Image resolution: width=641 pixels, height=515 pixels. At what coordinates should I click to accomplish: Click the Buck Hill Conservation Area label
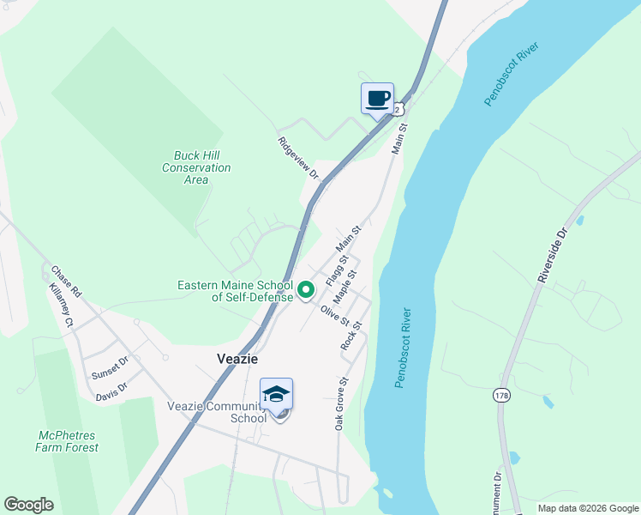coord(196,167)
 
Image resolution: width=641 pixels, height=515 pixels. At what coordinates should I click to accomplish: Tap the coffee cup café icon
coord(378,99)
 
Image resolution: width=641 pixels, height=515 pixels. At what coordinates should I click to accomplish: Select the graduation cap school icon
coord(276,394)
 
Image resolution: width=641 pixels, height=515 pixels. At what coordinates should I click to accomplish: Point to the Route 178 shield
coord(501,395)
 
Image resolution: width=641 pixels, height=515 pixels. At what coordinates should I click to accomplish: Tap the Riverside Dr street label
coord(553,255)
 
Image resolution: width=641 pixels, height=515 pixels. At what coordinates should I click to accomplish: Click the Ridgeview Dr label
coord(298,158)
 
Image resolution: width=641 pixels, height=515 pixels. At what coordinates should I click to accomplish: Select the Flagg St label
coord(337,270)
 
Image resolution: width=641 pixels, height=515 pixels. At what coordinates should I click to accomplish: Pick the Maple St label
coord(345,286)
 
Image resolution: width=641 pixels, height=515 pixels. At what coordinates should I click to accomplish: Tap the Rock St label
coord(351,335)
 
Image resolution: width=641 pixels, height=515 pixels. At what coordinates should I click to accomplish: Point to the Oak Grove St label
coord(341,403)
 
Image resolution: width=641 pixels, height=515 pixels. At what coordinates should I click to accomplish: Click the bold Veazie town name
coord(237,360)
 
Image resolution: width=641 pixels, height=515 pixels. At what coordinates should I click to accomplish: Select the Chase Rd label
coord(65,281)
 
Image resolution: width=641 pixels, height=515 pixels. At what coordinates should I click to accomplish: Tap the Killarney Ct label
coord(62,304)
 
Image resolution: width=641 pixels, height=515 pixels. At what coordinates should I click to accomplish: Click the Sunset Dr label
coord(109,369)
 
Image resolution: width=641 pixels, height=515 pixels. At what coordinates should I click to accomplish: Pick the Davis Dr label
coord(111,389)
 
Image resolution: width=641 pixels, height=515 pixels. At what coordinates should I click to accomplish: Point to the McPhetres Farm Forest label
coord(67,441)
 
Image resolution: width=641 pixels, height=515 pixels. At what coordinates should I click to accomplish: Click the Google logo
coord(28,505)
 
